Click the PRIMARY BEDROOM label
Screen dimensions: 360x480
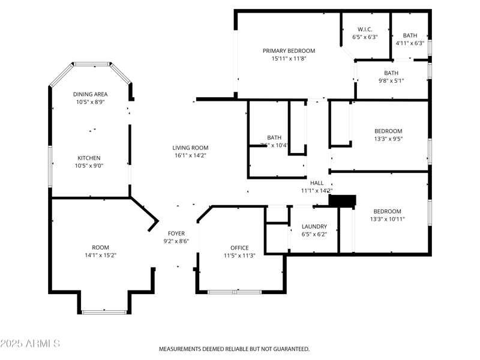tap(289, 51)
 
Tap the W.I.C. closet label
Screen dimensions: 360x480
tap(365, 29)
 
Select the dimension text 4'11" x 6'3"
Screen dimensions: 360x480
tap(410, 43)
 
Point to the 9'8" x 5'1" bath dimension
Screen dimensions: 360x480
tap(391, 81)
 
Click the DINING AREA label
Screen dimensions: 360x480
tap(90, 94)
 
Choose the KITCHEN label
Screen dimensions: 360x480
tap(89, 158)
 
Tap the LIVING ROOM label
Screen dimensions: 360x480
tap(190, 148)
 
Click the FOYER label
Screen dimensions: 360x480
tap(176, 233)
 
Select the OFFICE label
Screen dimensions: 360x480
tap(239, 248)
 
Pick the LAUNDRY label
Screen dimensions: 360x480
tap(314, 226)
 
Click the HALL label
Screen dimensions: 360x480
tap(316, 183)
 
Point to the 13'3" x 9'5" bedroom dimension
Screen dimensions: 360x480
tap(388, 139)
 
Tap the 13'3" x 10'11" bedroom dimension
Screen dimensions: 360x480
tap(388, 219)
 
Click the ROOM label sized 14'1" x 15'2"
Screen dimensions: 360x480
tap(100, 247)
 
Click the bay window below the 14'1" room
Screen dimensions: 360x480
tap(105, 311)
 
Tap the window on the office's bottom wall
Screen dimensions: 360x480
tap(235, 292)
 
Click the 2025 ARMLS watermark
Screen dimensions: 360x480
tap(30, 344)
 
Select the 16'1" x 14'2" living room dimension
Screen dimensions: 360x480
tap(190, 155)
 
